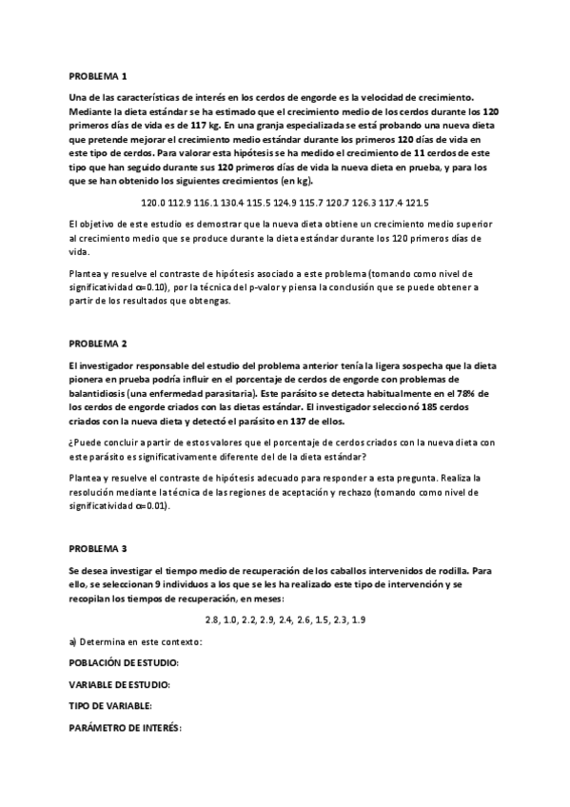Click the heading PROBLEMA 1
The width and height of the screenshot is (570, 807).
tap(98, 75)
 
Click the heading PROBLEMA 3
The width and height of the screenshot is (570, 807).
tap(98, 549)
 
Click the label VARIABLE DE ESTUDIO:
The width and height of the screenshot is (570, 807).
tap(120, 684)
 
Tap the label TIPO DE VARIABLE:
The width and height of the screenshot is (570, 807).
tap(110, 706)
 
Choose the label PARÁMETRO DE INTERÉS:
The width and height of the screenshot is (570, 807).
tap(125, 728)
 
